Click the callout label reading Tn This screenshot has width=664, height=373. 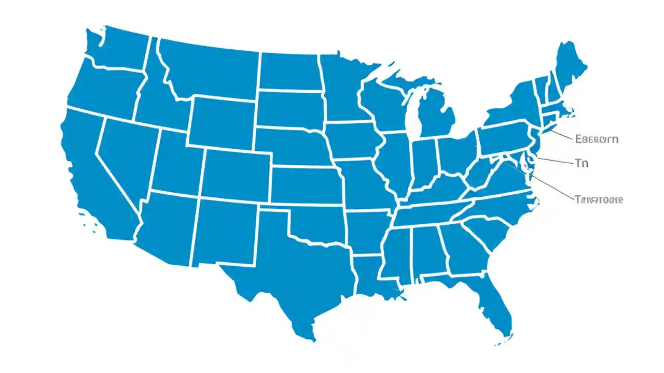[x=582, y=163]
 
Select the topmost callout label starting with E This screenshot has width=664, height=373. [x=597, y=139]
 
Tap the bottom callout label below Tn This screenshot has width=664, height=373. [x=599, y=199]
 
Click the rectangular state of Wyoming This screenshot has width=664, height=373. [x=222, y=122]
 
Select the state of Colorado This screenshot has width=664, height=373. [x=236, y=174]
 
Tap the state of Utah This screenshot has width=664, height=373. [x=176, y=163]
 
